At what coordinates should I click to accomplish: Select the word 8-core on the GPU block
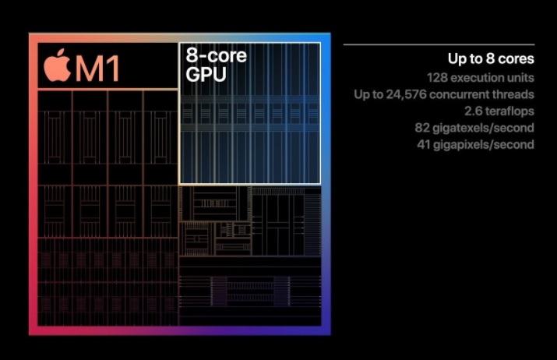tap(216, 55)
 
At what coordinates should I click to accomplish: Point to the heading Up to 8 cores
tap(490, 58)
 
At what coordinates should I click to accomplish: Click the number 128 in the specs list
tap(437, 77)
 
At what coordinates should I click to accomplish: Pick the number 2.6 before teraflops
tap(472, 111)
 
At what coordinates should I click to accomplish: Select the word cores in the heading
tap(516, 58)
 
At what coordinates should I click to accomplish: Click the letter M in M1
tap(88, 68)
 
